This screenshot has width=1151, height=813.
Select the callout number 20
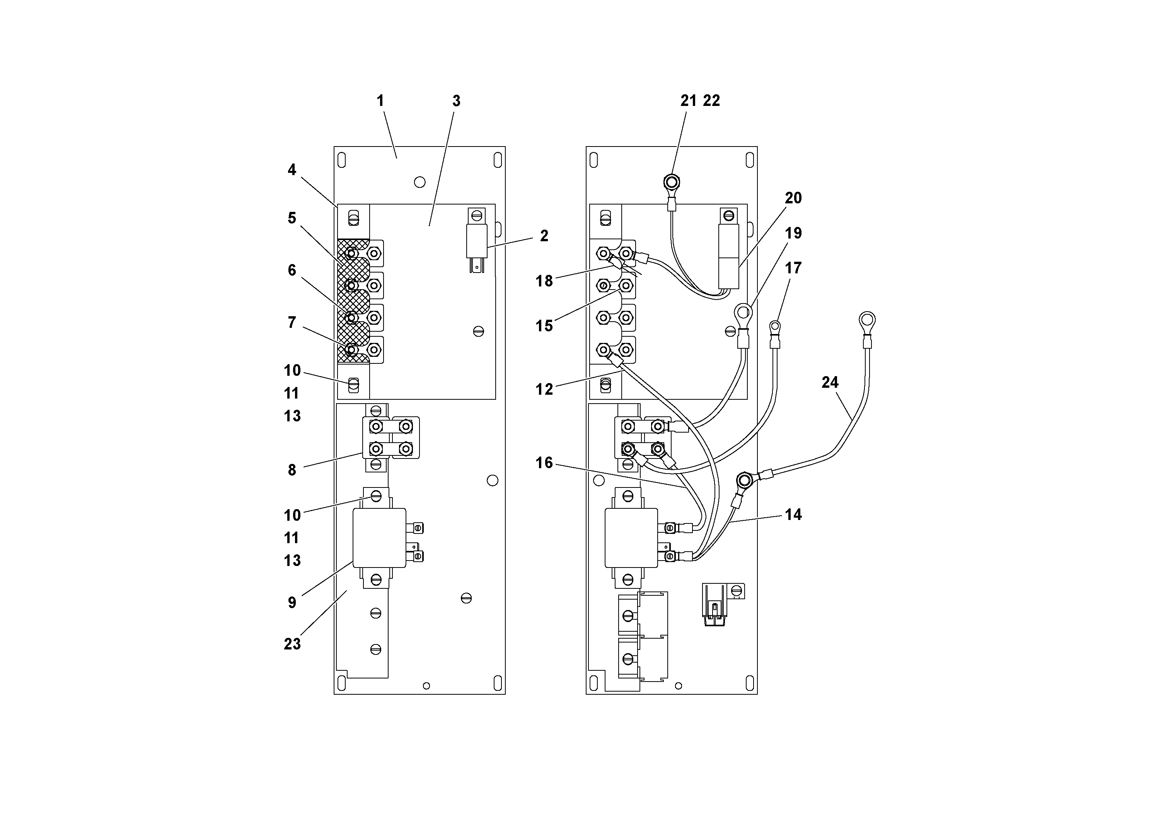(x=793, y=198)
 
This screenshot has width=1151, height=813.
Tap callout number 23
(x=292, y=644)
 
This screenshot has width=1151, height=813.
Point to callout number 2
(x=544, y=235)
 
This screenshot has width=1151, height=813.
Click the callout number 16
(x=544, y=463)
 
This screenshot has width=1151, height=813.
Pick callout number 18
(x=544, y=281)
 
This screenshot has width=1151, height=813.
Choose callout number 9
(x=292, y=602)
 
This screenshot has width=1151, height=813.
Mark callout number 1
(x=380, y=101)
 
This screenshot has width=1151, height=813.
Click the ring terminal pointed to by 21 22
(x=671, y=181)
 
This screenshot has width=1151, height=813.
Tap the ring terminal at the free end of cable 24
(x=867, y=320)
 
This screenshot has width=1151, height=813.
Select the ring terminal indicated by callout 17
(x=775, y=328)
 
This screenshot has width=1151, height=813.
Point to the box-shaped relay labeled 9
(x=380, y=537)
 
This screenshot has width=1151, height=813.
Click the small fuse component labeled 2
(x=477, y=240)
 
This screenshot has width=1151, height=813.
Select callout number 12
(x=544, y=389)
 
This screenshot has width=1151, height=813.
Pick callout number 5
(x=292, y=218)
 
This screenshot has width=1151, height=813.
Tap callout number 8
(x=292, y=470)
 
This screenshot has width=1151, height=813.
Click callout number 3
(x=456, y=101)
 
